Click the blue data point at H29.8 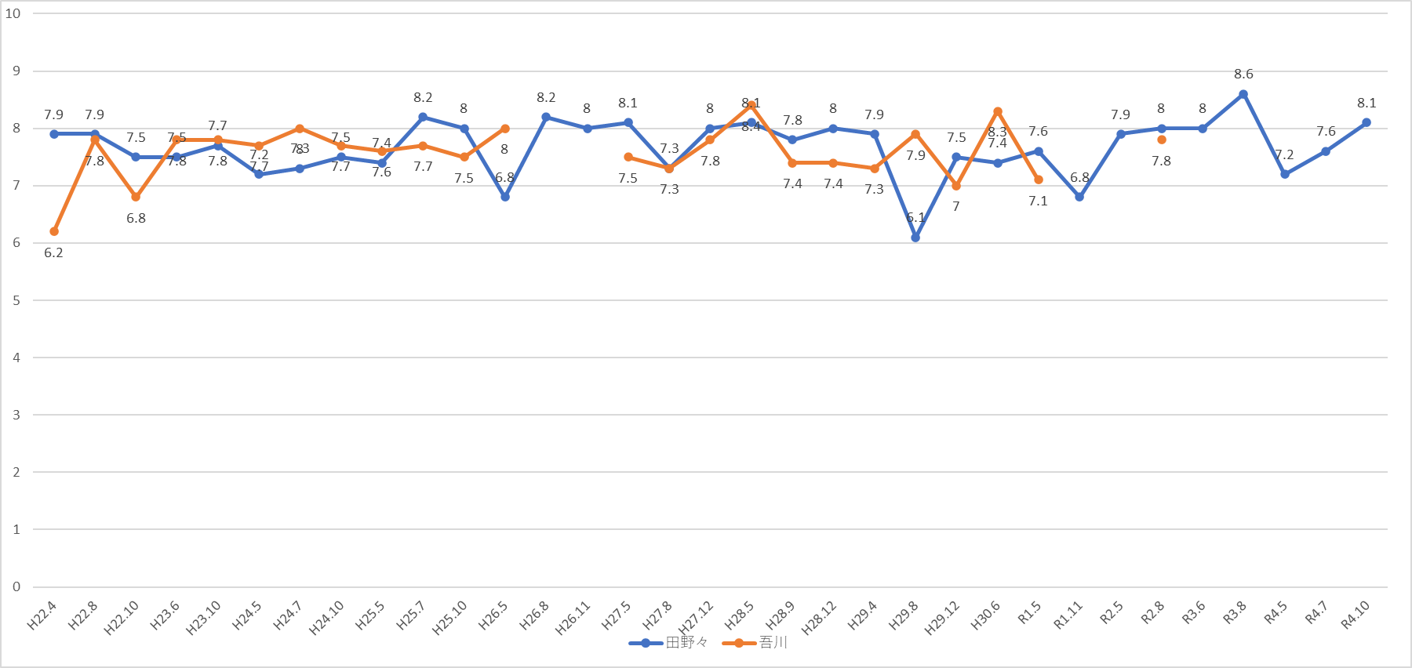(915, 237)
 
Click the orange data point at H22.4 (54, 231)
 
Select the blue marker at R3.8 (1243, 94)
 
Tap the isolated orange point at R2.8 (1162, 140)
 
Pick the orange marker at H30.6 (998, 111)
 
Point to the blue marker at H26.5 (505, 197)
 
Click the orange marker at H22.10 (136, 197)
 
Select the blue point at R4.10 (1367, 122)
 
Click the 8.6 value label (1243, 74)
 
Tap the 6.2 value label (53, 252)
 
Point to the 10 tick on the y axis (13, 13)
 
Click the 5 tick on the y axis (16, 300)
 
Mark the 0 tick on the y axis (16, 586)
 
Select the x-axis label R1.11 (1068, 615)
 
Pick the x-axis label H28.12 (819, 619)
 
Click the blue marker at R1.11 (1079, 197)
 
